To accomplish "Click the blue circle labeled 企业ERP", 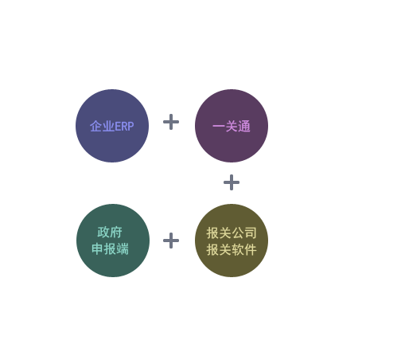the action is point(112,126).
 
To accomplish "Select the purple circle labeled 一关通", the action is point(232,126).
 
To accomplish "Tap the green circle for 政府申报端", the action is point(113,241).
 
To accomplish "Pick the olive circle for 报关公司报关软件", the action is point(232,241).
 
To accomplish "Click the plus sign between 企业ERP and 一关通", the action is point(171,122).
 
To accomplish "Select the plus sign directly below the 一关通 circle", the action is point(232,182).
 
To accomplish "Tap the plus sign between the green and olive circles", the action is point(171,241).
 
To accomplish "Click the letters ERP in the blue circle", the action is point(124,127).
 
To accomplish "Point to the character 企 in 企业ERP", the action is point(96,126).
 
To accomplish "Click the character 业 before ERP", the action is point(108,126).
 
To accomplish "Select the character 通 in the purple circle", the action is point(244,126).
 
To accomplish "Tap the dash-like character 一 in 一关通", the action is point(219,126).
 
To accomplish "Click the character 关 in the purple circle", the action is point(232,126).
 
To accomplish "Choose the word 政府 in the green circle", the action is point(110,233).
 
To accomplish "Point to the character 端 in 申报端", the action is point(123,249).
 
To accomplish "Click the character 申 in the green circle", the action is point(97,249).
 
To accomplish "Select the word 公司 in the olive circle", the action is point(244,233).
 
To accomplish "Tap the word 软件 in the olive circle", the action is point(244,250).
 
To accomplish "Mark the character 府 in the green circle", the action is point(116,233).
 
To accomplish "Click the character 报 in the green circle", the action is point(110,249).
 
